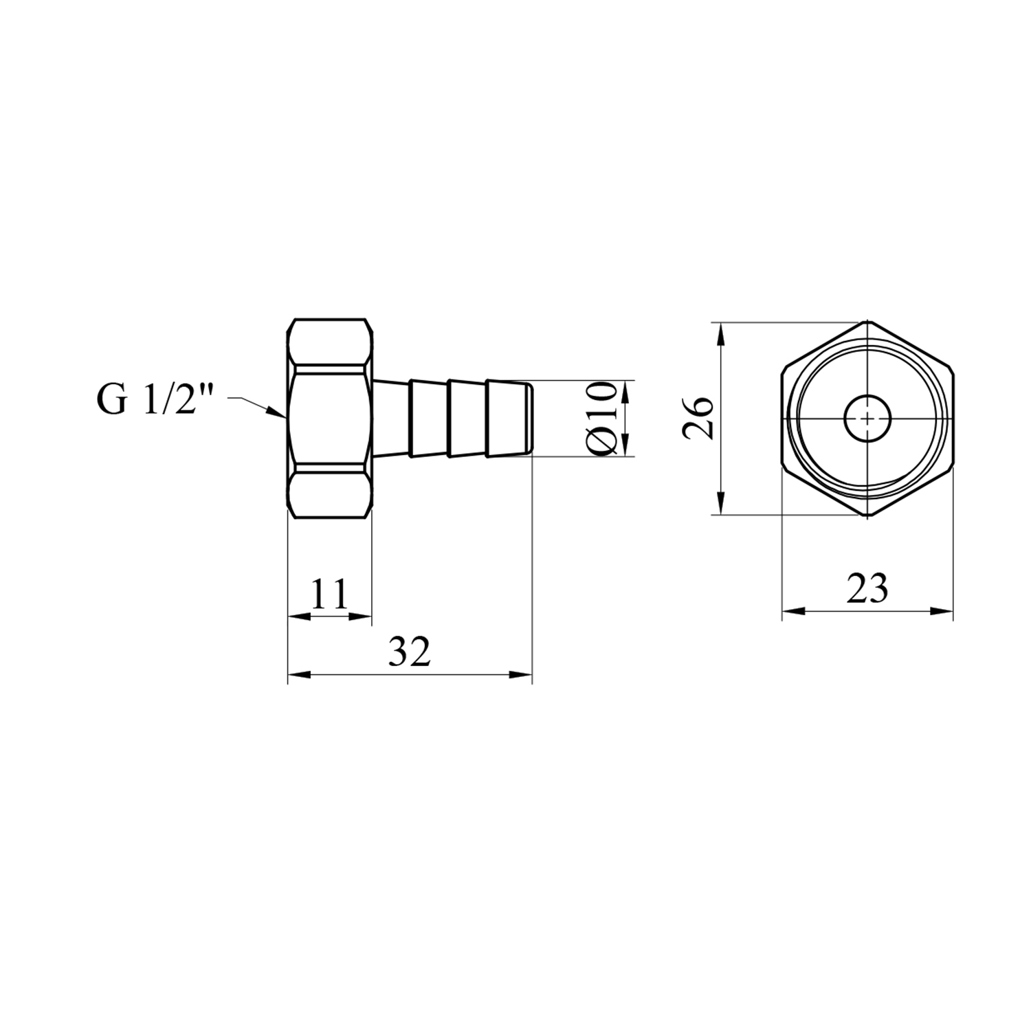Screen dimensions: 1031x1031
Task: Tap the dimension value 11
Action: (x=330, y=595)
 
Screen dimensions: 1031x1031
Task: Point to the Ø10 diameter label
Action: (x=601, y=418)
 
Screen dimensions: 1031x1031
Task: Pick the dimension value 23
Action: (x=867, y=588)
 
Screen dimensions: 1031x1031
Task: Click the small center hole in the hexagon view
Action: (x=868, y=418)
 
